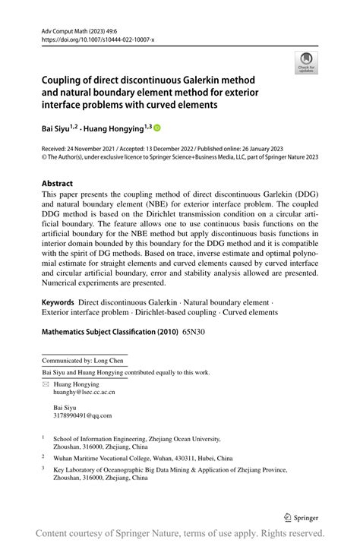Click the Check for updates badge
pyautogui.click(x=305, y=63)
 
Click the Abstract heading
pyautogui.click(x=57, y=184)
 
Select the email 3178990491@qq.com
pyautogui.click(x=77, y=415)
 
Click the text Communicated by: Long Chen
pyautogui.click(x=84, y=361)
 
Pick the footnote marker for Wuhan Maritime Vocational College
pyautogui.click(x=43, y=457)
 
